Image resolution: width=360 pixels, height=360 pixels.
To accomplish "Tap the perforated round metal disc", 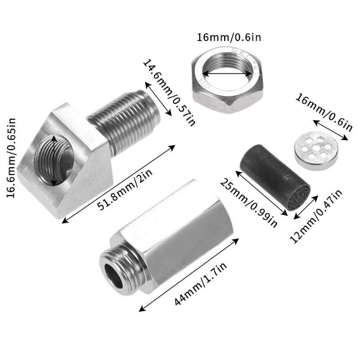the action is [316, 151].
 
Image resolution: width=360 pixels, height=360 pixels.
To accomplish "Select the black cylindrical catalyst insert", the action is [275, 177].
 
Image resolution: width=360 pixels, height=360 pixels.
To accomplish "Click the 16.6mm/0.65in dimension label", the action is [10, 158].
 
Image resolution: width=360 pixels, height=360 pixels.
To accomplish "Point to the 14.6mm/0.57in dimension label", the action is [169, 93].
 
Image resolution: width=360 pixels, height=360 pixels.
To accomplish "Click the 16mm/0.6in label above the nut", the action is [229, 37].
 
